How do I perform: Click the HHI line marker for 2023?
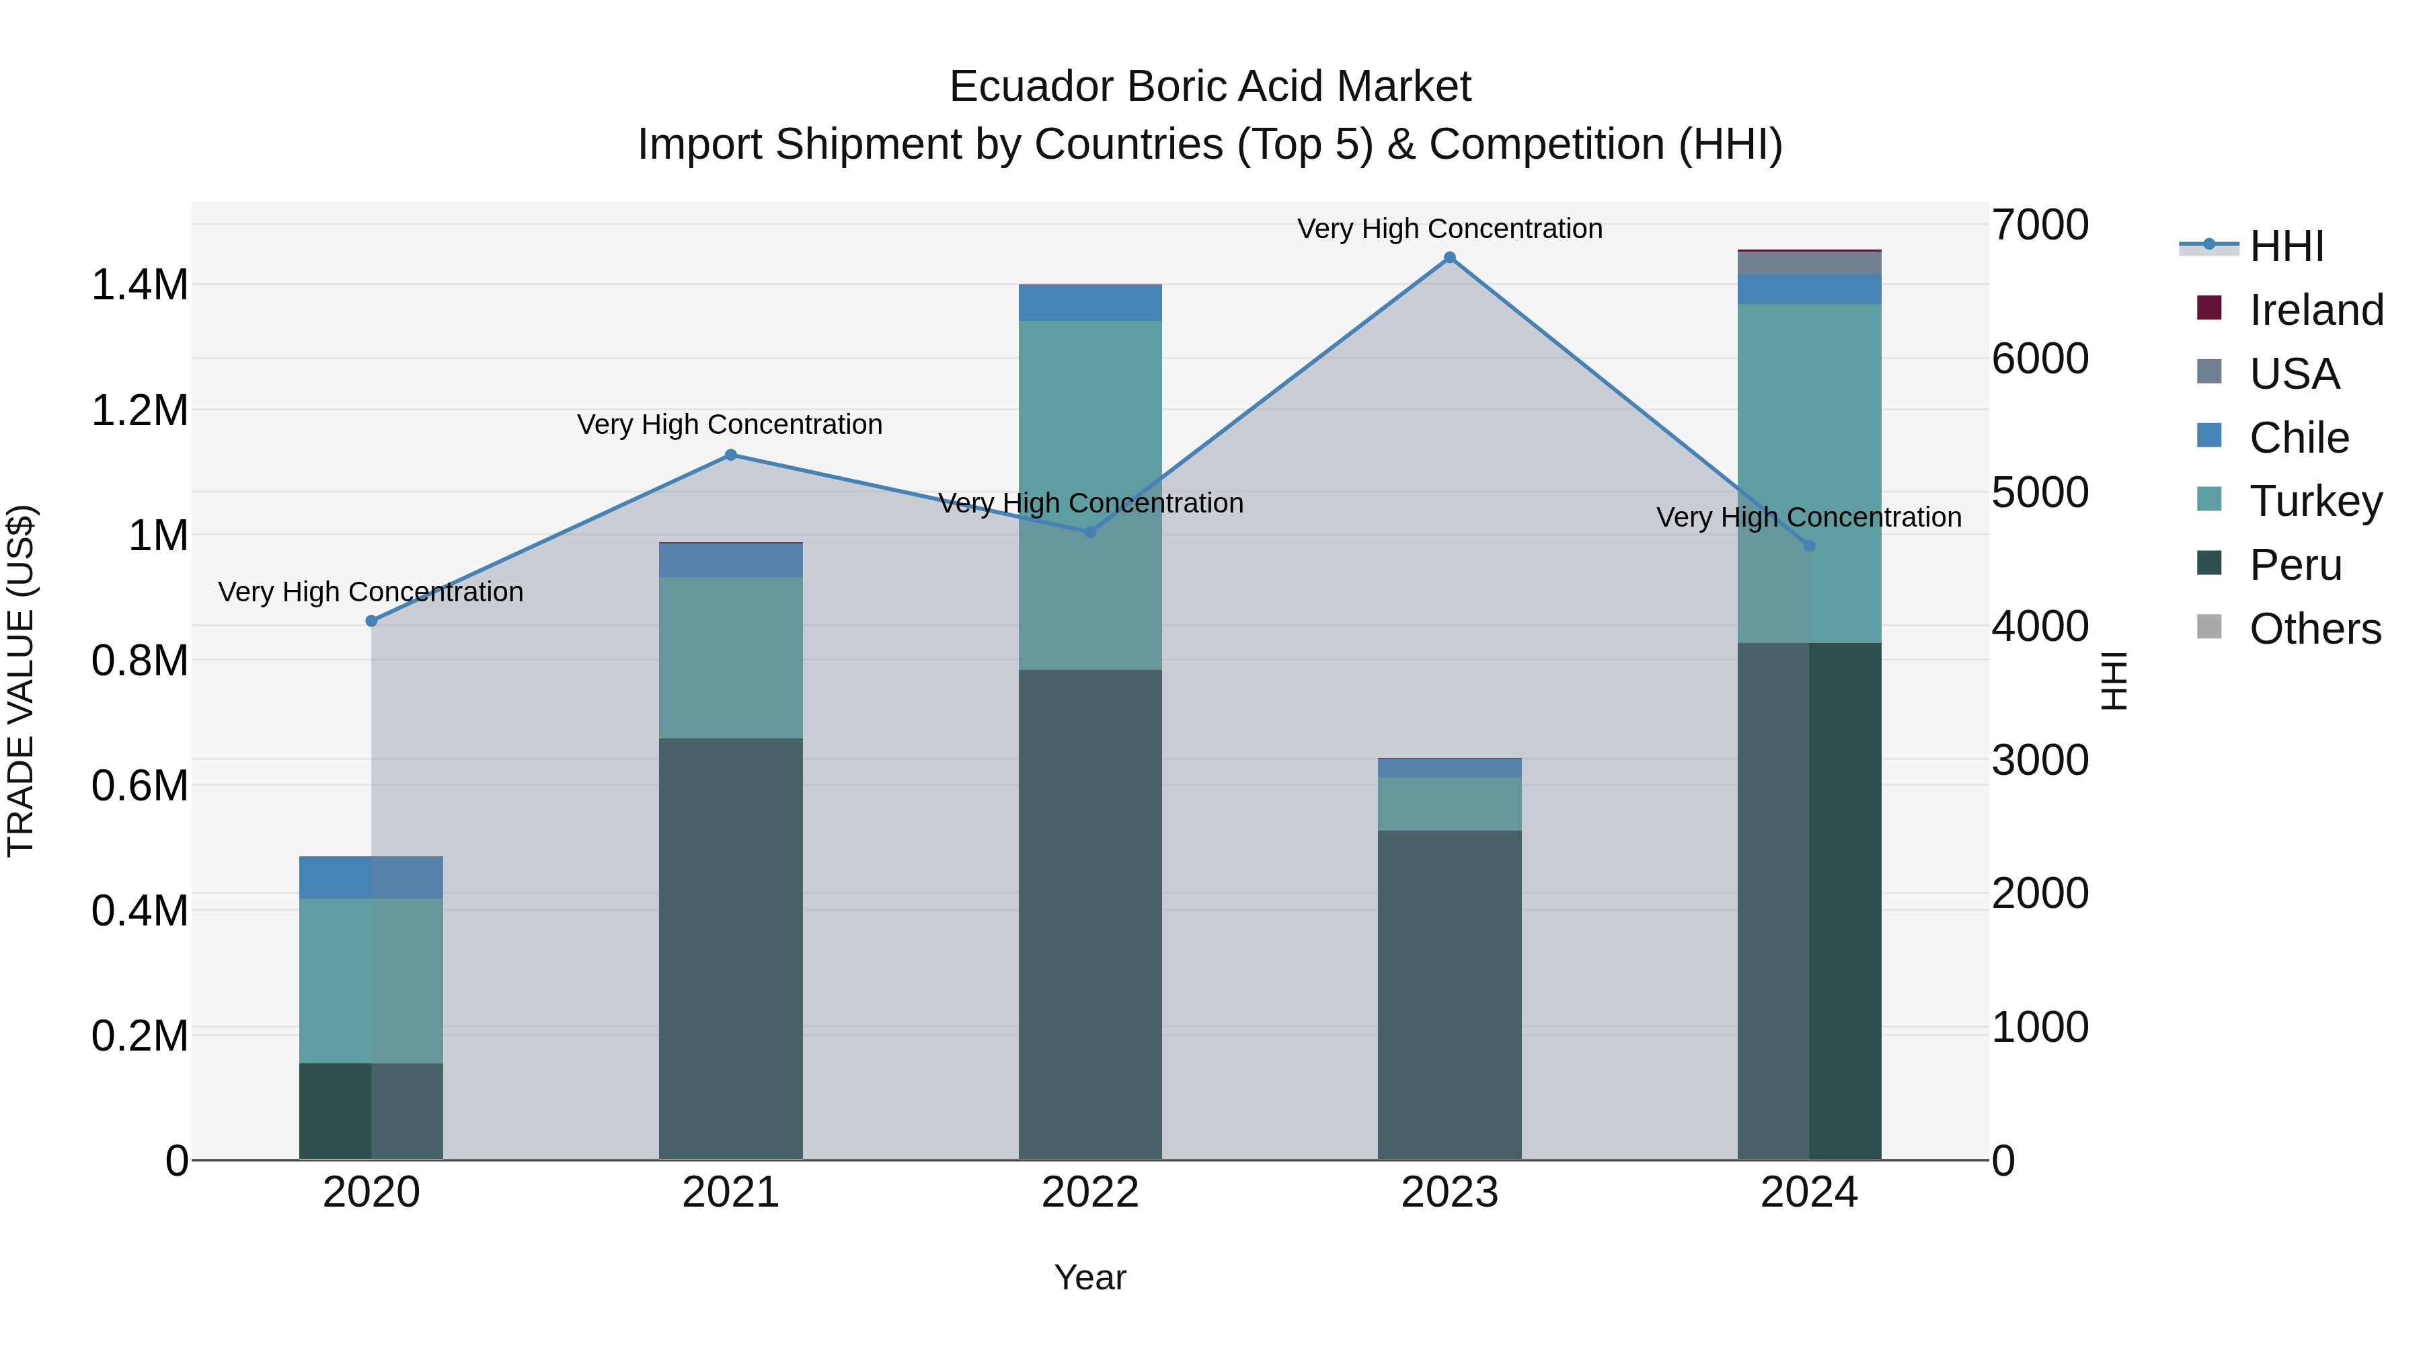click(x=1449, y=258)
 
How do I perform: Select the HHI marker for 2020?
click(x=371, y=621)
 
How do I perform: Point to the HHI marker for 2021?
click(x=730, y=455)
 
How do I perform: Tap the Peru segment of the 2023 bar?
click(x=1449, y=995)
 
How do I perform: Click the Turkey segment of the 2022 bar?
click(x=1090, y=494)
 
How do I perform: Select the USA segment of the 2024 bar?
click(x=1809, y=262)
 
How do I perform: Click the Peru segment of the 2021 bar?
click(x=730, y=948)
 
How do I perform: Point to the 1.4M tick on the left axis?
click(x=140, y=285)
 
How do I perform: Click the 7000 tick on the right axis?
click(x=2040, y=225)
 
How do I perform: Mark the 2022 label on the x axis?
click(x=1090, y=1193)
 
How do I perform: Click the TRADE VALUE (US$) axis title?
click(x=21, y=681)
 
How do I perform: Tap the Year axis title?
click(x=1090, y=1277)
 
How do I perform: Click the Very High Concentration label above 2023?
click(x=1449, y=229)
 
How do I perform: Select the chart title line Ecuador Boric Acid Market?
click(x=1210, y=87)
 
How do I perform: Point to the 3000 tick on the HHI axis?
click(x=2040, y=761)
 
